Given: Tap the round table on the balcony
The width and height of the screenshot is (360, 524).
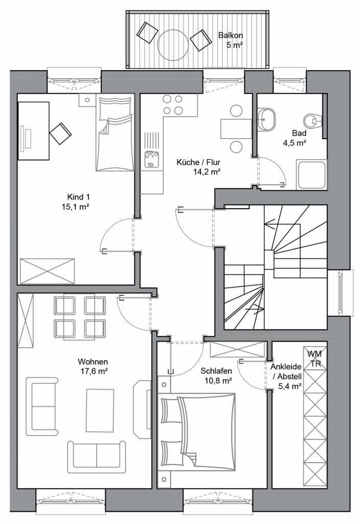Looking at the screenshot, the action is click(x=173, y=45).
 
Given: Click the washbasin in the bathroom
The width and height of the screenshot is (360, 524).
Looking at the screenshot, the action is click(x=266, y=119).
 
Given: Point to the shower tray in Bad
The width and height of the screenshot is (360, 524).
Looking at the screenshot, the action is click(x=311, y=175).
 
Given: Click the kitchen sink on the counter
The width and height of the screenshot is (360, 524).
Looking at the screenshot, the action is click(x=151, y=160).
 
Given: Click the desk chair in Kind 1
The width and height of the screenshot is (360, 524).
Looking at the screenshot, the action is click(x=60, y=134).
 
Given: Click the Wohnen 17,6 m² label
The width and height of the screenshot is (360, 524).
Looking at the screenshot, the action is click(x=93, y=366).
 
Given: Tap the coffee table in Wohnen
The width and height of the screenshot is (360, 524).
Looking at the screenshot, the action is click(x=100, y=410).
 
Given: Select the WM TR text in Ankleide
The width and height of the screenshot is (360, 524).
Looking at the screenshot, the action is click(x=314, y=359).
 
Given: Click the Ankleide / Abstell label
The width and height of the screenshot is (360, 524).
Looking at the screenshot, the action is click(x=286, y=376).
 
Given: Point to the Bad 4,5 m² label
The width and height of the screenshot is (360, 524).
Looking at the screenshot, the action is click(x=295, y=138).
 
